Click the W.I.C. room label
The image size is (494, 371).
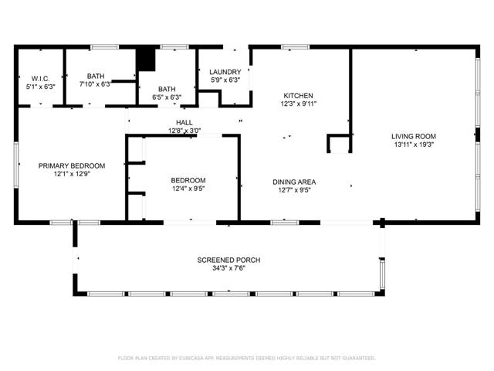pos(40,79)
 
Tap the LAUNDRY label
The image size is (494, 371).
pos(225,72)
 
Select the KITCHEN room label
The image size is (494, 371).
pos(299,96)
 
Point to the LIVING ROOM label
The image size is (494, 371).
pos(414,136)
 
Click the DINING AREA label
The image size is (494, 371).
pos(294,182)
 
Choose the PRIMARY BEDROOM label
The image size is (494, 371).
pos(72,165)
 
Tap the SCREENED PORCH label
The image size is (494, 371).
pos(228,260)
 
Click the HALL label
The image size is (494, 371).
pos(184,122)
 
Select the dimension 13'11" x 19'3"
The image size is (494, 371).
pos(414,145)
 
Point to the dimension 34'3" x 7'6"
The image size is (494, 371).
pos(228,268)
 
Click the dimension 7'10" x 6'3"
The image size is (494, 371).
pos(96,84)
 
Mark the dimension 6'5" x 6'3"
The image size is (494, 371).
pos(167,97)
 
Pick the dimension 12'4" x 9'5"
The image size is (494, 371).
pos(188,189)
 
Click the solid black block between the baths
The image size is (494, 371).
pos(146,60)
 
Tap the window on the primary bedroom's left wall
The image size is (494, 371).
pos(16,165)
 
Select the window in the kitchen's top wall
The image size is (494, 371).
pos(296,47)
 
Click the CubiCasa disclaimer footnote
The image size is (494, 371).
pos(247,358)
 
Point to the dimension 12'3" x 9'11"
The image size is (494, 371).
pos(299,104)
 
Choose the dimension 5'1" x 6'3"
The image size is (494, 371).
pos(41,87)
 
